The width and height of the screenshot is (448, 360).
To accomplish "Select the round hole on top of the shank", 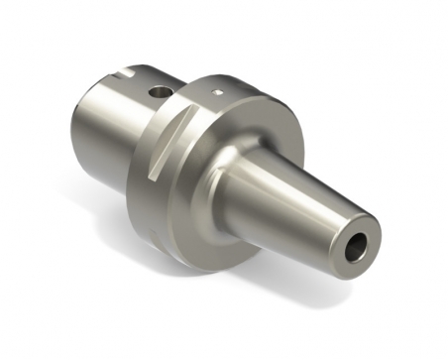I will pyautogui.click(x=158, y=92).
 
